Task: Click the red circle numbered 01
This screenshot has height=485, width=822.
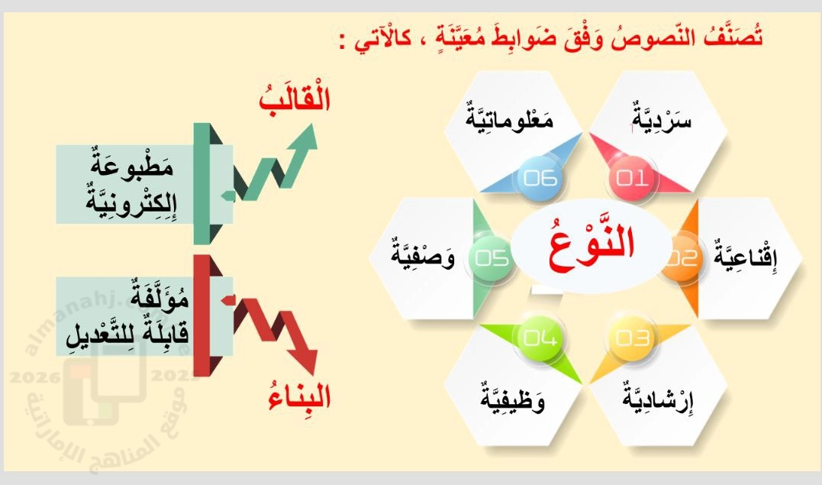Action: click(632, 179)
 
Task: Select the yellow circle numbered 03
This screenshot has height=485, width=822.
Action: click(632, 338)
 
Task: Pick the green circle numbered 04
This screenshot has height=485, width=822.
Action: click(540, 338)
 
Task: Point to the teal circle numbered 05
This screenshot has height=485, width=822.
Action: click(492, 257)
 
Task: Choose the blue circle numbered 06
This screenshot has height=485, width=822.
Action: click(540, 179)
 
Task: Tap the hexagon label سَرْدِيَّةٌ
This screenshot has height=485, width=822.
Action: click(662, 117)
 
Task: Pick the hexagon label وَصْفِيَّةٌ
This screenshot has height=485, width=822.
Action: click(423, 254)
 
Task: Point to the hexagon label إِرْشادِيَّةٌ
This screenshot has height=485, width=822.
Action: click(658, 398)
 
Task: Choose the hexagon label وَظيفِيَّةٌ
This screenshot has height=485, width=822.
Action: click(513, 399)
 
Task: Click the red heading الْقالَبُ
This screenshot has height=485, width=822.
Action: click(295, 96)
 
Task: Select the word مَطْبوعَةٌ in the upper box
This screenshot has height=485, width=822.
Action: click(131, 163)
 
